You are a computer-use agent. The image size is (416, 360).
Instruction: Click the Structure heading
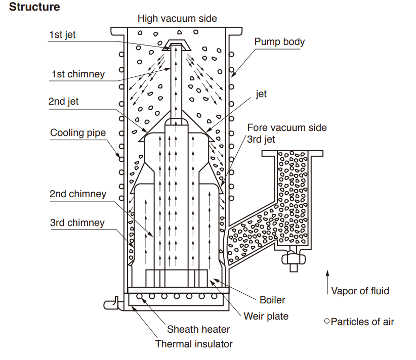(x=34, y=7)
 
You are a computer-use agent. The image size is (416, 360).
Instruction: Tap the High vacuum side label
(x=177, y=19)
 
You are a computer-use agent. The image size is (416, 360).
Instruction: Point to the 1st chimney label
(x=77, y=74)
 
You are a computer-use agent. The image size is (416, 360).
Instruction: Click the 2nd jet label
(x=64, y=101)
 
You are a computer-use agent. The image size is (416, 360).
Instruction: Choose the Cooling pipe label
(x=78, y=133)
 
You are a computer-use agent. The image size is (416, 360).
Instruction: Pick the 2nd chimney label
(x=78, y=194)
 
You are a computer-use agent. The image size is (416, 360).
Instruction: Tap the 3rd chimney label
(x=77, y=223)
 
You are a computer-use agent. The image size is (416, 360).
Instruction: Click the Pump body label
(x=279, y=41)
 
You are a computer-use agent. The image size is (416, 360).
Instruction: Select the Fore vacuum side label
(x=287, y=128)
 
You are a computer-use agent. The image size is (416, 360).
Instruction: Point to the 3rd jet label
(x=261, y=139)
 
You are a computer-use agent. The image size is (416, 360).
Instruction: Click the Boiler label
(x=272, y=300)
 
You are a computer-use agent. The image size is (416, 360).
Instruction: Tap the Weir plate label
(x=266, y=317)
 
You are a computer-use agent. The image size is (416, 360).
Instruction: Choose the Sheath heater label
(x=198, y=330)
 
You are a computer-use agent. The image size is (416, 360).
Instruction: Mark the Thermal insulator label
(x=194, y=344)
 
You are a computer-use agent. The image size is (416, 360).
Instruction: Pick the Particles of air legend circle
(x=327, y=321)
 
